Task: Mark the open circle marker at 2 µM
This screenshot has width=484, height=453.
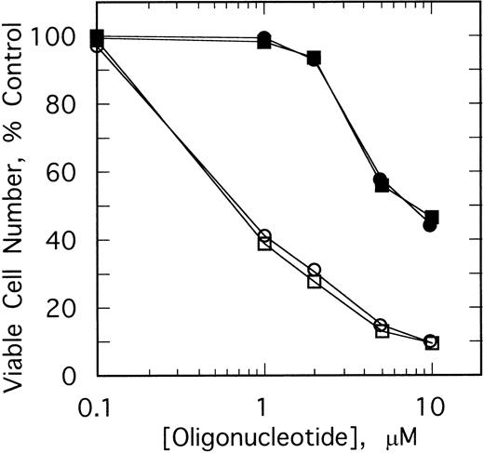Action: tap(314, 270)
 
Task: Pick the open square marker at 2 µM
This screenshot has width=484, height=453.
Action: tap(314, 281)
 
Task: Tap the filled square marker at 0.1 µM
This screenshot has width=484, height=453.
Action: tap(97, 36)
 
